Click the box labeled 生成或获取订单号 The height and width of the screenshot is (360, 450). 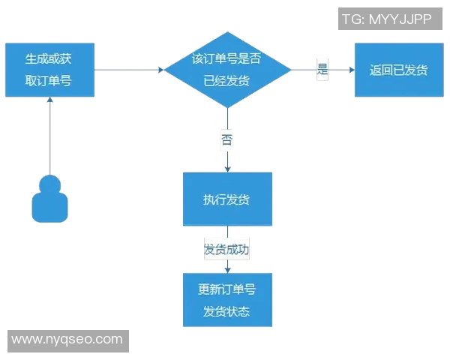pos(49,70)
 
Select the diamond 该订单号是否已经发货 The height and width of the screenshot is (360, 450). pos(227,70)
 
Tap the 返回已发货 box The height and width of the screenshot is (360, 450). pos(398,70)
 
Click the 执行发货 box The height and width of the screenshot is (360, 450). pos(227,199)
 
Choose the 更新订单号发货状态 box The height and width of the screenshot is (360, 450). pos(227,300)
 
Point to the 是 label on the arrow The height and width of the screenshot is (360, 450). pos(323,70)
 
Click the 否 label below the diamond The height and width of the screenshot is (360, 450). pos(227,139)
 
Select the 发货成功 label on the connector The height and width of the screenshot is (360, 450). pos(226,250)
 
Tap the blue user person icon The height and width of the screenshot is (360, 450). pos(49,199)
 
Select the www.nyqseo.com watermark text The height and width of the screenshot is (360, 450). pos(67,340)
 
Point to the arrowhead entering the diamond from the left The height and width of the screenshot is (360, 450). pos(161,70)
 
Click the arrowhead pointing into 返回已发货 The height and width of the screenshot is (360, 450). pos(351,70)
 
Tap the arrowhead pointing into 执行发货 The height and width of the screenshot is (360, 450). pos(227,169)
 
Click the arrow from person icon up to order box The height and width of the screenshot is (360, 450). pos(49,135)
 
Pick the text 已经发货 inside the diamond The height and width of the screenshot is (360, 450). pos(227,79)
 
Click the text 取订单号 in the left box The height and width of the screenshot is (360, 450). pos(49,79)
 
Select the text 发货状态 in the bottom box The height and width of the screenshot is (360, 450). pos(226,311)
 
